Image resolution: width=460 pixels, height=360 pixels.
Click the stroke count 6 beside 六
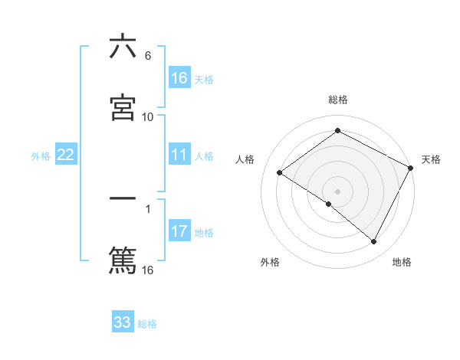(148, 55)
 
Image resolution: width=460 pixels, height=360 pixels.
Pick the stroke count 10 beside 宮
(148, 116)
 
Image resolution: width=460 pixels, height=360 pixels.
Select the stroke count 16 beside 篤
(148, 270)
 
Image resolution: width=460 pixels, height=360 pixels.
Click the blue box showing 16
(179, 78)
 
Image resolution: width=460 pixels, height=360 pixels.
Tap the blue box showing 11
(179, 155)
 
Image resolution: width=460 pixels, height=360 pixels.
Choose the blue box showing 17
(179, 231)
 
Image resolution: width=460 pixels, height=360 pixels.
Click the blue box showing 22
(66, 155)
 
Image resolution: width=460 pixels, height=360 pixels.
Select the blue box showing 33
(123, 322)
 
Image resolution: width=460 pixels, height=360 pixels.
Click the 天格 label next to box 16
(204, 79)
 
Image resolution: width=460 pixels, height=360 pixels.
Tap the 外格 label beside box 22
(41, 156)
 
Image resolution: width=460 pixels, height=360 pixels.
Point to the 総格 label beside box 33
(147, 323)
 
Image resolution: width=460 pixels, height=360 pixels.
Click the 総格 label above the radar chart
(338, 100)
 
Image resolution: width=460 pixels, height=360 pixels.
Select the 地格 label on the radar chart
(402, 263)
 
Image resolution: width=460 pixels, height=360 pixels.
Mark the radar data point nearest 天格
(411, 169)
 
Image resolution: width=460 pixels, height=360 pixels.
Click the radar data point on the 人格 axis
(280, 172)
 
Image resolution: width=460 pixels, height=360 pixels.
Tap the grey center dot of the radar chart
(338, 191)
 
